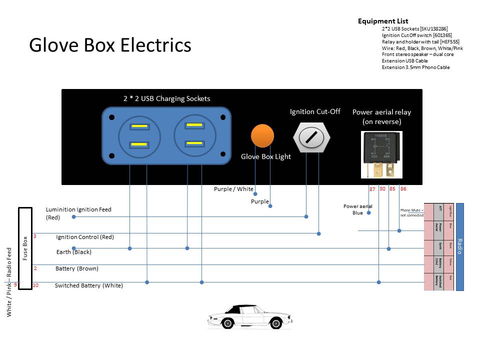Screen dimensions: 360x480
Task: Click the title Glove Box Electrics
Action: pyautogui.click(x=110, y=45)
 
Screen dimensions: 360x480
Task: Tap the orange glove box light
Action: pyautogui.click(x=262, y=136)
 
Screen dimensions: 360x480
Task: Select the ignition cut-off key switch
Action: pyautogui.click(x=312, y=137)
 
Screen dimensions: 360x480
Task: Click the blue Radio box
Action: pyautogui.click(x=460, y=246)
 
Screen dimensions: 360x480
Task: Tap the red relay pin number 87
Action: pyautogui.click(x=372, y=189)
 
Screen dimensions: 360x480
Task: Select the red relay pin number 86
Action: pyautogui.click(x=403, y=189)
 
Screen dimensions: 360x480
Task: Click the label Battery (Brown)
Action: pyautogui.click(x=76, y=268)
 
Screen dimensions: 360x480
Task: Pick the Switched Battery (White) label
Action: pyautogui.click(x=88, y=285)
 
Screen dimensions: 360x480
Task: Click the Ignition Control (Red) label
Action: pyautogui.click(x=85, y=237)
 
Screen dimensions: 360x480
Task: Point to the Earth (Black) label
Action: pyautogui.click(x=74, y=252)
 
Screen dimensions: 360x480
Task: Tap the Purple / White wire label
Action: pyautogui.click(x=233, y=189)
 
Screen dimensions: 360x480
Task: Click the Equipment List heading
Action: pyautogui.click(x=383, y=21)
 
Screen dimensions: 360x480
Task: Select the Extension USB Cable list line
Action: pyautogui.click(x=404, y=61)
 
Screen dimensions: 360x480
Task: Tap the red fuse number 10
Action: pyautogui.click(x=35, y=285)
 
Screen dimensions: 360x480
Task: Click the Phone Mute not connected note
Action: pyautogui.click(x=411, y=212)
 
